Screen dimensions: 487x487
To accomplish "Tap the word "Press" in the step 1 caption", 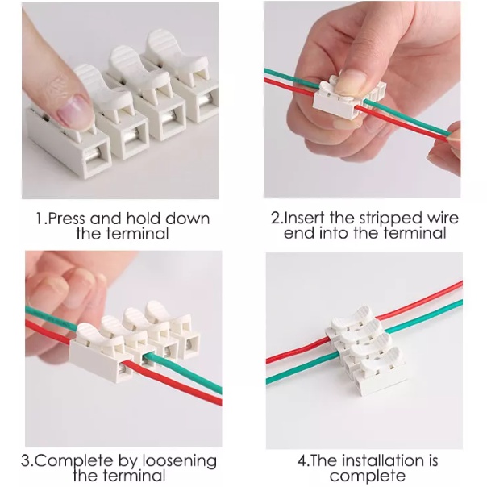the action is [x=66, y=219].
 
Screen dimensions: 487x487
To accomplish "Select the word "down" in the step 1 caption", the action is [x=187, y=218].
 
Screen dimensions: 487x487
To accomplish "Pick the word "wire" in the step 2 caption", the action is [x=443, y=218].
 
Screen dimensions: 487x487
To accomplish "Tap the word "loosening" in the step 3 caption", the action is [x=180, y=461].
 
